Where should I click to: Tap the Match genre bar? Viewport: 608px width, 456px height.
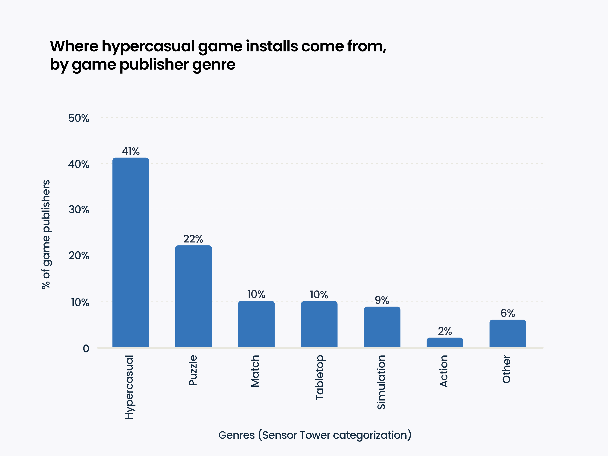(x=256, y=324)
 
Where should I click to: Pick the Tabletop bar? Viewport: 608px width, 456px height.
(x=319, y=324)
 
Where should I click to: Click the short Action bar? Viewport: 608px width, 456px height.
(x=445, y=343)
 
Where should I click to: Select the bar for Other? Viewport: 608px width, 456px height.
(x=507, y=333)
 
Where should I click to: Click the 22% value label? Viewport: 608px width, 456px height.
(x=193, y=239)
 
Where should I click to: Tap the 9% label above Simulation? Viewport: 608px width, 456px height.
(x=382, y=300)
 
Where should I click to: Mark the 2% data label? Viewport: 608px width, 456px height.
(x=445, y=331)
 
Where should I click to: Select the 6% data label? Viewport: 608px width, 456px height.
(x=507, y=313)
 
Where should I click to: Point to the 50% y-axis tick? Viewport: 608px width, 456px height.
(x=79, y=118)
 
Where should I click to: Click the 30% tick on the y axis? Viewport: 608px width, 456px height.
(x=79, y=210)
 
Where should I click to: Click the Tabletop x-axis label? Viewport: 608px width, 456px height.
(x=319, y=377)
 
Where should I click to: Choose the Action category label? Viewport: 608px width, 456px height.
(x=444, y=371)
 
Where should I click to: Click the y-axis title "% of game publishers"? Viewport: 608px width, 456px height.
(x=46, y=234)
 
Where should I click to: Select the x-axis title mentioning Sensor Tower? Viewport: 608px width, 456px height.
(x=315, y=435)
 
